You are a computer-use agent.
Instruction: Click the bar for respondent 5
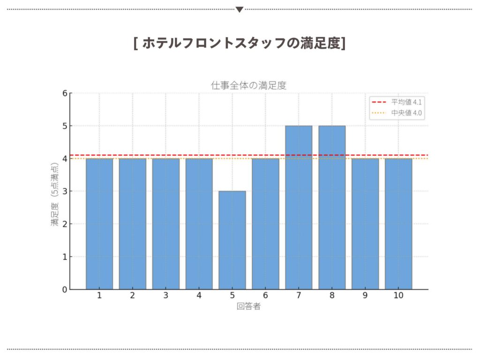[232, 240]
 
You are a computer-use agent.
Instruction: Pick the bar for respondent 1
[99, 224]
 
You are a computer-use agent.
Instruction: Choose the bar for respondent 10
[398, 224]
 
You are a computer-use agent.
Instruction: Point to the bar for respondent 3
[166, 224]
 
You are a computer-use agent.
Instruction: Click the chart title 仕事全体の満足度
[248, 85]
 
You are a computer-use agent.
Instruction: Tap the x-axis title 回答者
[248, 307]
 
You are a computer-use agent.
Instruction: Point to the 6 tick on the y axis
[65, 93]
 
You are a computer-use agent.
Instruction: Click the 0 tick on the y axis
[65, 289]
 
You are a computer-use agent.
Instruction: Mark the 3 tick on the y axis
[65, 191]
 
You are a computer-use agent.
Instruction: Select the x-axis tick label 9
[365, 295]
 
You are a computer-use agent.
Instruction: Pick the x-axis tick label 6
[265, 295]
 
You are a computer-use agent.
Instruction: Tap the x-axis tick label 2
[133, 295]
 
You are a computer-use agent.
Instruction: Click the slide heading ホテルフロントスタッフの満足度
[240, 43]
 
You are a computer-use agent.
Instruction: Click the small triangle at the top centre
[240, 9]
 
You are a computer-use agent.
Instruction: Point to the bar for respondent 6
[265, 224]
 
